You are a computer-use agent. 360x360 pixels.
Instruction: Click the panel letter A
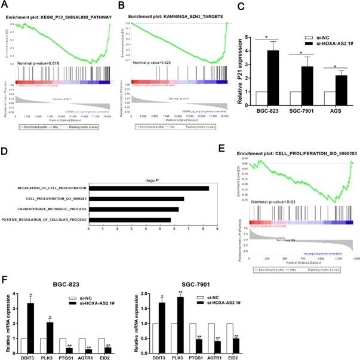pos(7,5)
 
